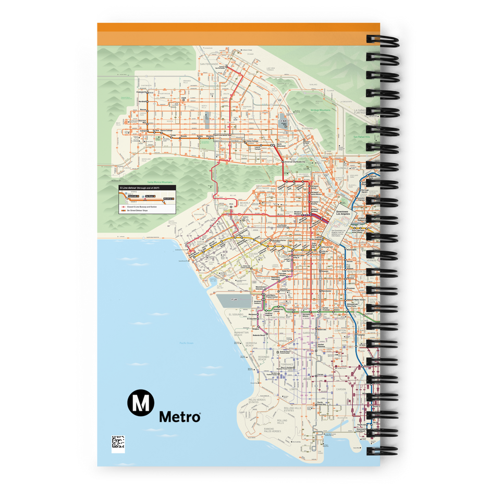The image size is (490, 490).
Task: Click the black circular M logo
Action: (140, 403)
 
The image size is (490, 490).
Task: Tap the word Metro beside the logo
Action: (179, 417)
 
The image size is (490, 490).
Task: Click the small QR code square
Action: (118, 443)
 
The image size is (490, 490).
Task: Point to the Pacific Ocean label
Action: (187, 342)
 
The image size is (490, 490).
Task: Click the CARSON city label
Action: (341, 388)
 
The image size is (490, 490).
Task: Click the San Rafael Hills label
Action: (360, 137)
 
